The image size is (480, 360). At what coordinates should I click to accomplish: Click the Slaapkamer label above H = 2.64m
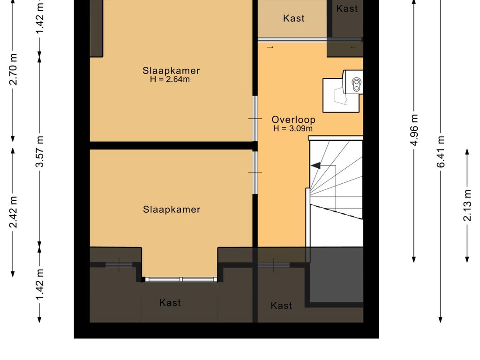point(171,71)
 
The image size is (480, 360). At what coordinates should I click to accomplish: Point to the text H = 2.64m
point(170,80)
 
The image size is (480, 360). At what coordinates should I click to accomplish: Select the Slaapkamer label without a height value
point(172,210)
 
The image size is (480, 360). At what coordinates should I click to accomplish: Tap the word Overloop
point(293,120)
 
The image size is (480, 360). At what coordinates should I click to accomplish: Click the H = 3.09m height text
point(293,128)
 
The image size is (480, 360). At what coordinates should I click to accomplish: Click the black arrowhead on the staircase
point(315,165)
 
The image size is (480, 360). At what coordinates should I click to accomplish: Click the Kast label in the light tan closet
point(294,18)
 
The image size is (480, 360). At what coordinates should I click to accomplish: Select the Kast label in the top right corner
point(347,8)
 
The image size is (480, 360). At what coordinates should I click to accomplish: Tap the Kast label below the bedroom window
point(170,303)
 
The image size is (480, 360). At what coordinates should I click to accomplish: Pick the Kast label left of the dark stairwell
point(281,306)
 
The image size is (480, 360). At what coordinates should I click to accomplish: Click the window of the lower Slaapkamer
point(181,279)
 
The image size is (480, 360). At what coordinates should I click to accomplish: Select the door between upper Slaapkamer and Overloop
point(255,119)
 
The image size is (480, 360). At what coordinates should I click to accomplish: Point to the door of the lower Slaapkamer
point(255,172)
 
